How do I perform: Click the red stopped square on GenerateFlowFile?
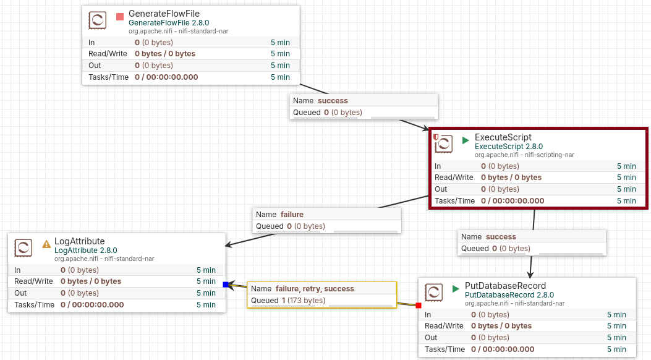pos(120,17)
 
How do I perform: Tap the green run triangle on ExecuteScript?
pos(466,140)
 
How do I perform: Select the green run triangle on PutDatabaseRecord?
pos(456,289)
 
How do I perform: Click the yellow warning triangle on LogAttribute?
pos(46,244)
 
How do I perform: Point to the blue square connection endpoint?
pos(226,285)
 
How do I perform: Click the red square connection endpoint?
pos(419,306)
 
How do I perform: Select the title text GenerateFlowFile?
pos(164,14)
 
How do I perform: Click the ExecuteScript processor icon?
pos(443,144)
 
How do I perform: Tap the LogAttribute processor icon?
pos(23,248)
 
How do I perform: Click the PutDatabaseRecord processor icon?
pos(434,293)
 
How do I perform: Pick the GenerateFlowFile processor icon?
pos(98,20)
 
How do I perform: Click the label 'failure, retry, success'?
pos(315,289)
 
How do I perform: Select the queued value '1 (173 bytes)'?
pos(304,300)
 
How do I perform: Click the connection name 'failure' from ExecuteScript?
pos(292,214)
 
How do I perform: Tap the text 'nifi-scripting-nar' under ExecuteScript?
pos(549,155)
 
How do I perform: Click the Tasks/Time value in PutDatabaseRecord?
pos(503,349)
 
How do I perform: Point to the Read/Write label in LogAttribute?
pos(33,281)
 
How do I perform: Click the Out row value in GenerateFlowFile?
pos(153,65)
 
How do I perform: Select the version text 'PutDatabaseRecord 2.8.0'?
pos(509,295)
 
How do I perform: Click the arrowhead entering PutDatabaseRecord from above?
pos(530,274)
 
